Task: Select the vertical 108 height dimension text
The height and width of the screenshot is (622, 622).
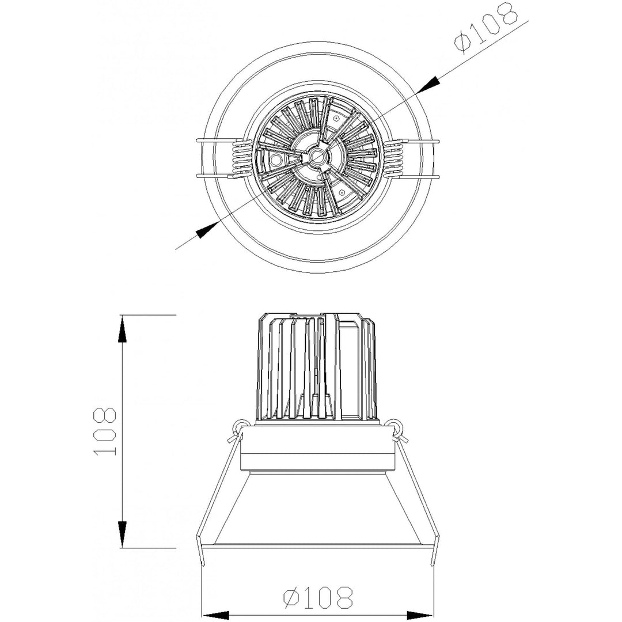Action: click(x=105, y=431)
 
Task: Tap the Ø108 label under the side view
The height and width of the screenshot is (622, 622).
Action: click(x=318, y=598)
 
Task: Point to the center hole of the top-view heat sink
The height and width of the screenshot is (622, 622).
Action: click(x=316, y=155)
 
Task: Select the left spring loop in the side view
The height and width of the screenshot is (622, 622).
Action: click(x=237, y=427)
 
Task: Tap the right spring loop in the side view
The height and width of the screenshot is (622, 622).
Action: click(x=395, y=427)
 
